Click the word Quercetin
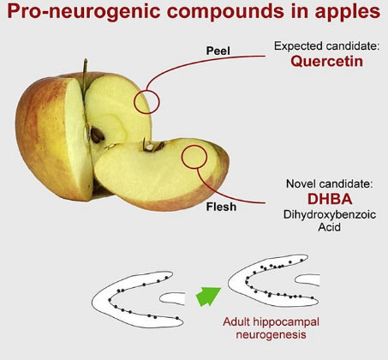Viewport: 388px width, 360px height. tap(326, 61)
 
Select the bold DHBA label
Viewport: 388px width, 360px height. tap(330, 199)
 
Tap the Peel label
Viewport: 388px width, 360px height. tap(218, 51)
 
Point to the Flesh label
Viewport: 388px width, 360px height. tap(221, 207)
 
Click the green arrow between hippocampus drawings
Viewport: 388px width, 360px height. tap(208, 297)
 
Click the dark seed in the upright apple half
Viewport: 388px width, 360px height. tap(97, 135)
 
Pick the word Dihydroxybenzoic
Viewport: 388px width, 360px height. tap(330, 214)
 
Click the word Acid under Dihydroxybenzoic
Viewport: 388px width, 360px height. tap(330, 227)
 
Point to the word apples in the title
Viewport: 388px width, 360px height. tap(348, 11)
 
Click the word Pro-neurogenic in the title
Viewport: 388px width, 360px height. tap(84, 11)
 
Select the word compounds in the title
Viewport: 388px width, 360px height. tap(225, 11)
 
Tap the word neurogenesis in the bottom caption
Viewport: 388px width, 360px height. tap(271, 334)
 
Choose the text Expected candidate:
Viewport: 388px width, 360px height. tap(327, 45)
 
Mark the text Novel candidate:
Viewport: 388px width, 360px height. tap(330, 183)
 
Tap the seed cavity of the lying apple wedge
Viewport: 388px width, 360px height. tap(152, 146)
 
